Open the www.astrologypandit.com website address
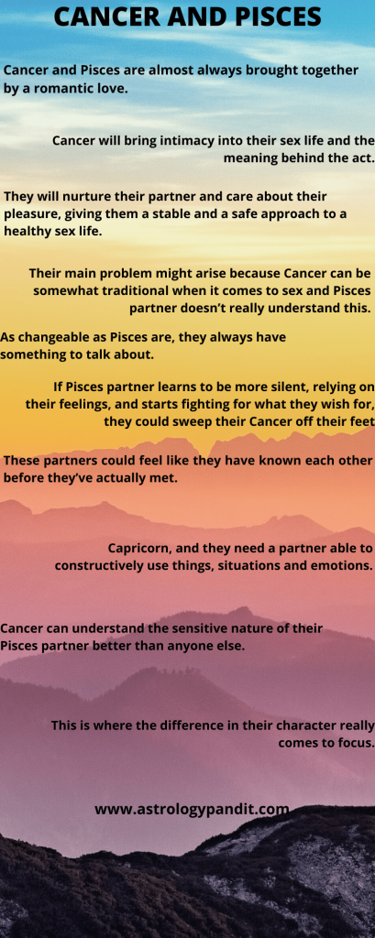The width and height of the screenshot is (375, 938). coord(192,810)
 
